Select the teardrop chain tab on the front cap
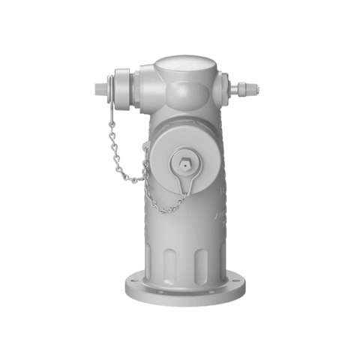(187, 180)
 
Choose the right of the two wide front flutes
(200, 262)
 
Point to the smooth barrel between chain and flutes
(180, 225)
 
